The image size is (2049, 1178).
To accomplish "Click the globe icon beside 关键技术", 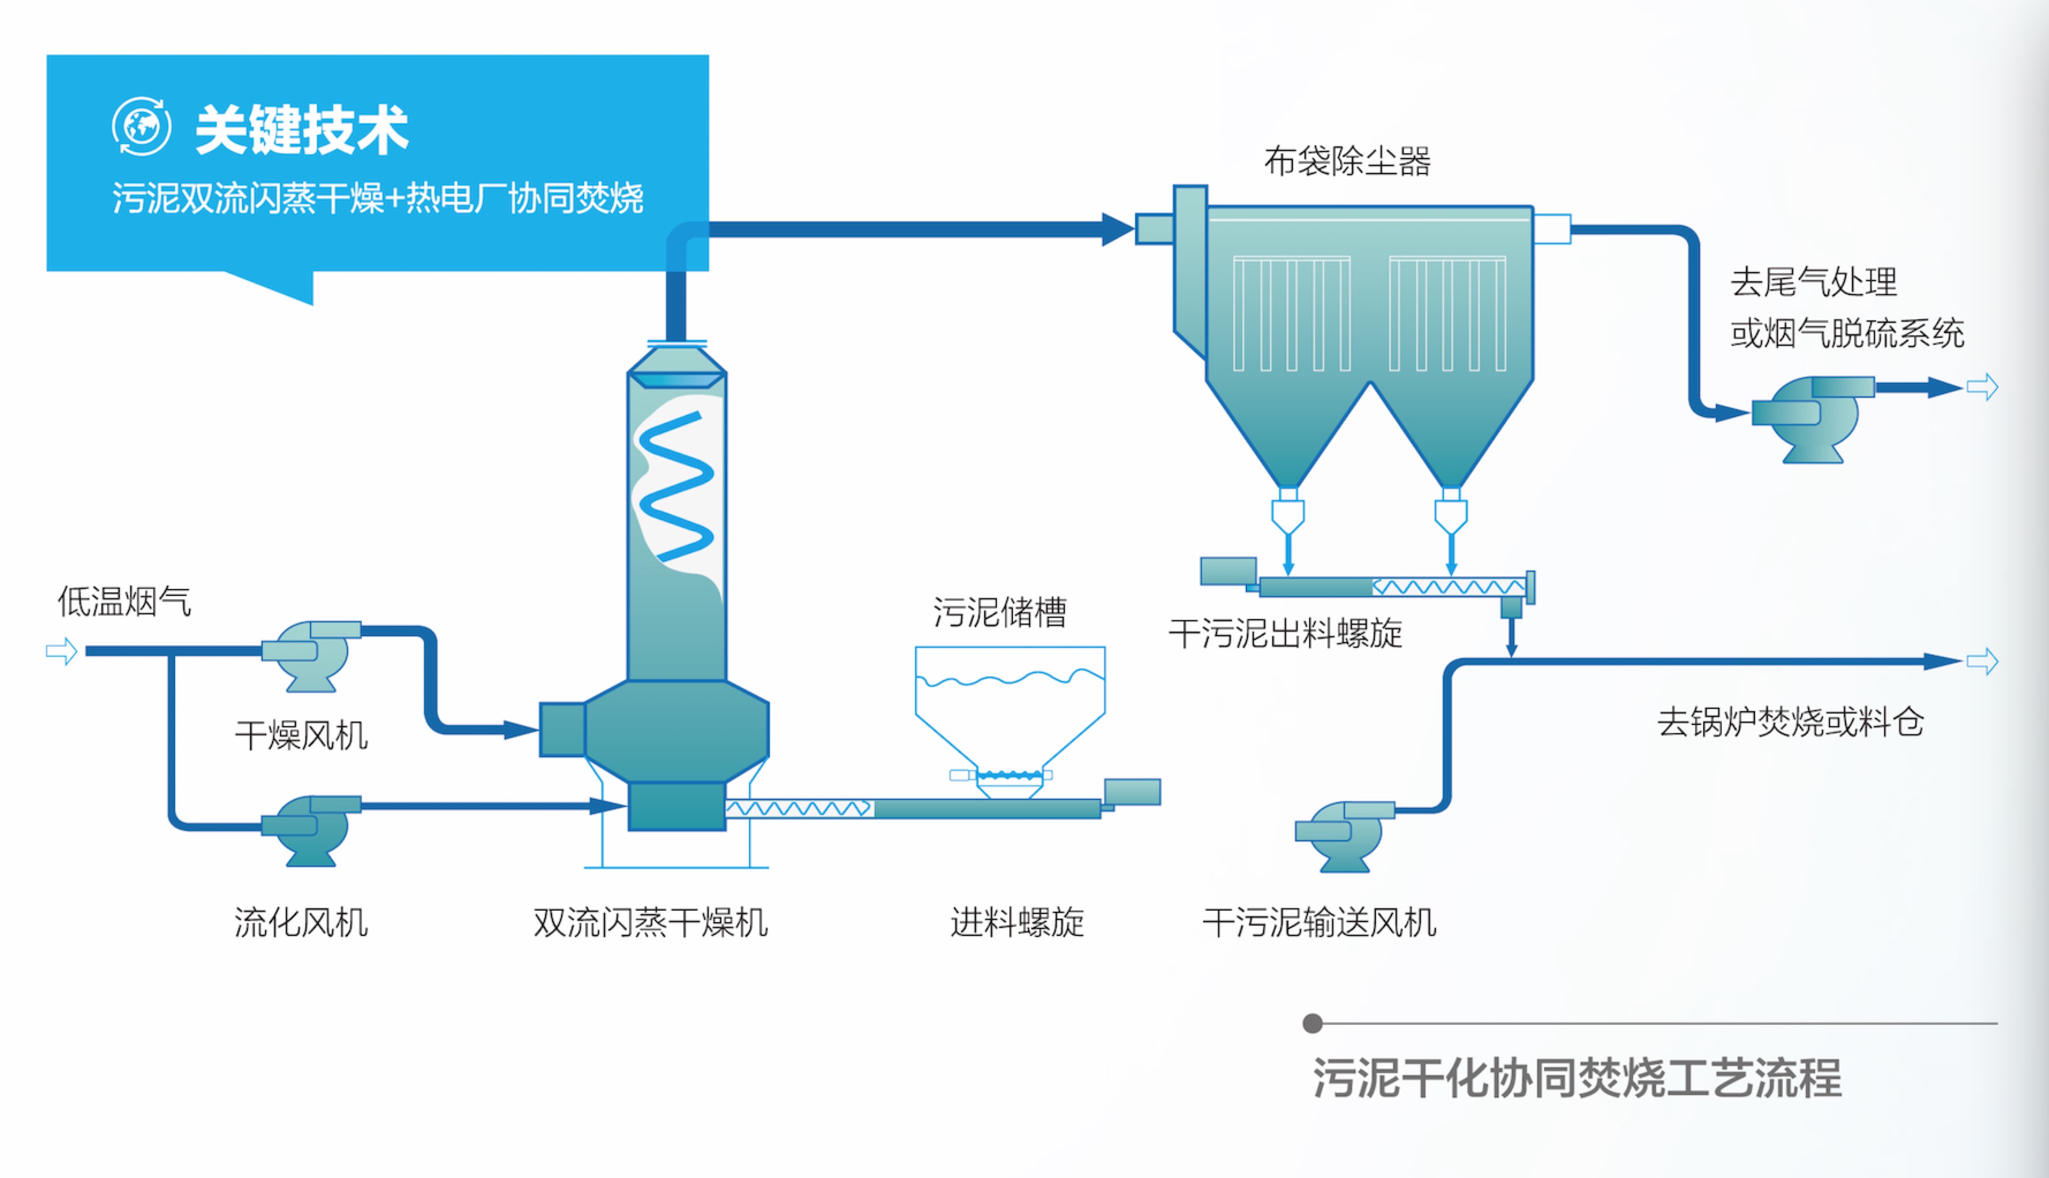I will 142,126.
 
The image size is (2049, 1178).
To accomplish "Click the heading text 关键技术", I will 302,130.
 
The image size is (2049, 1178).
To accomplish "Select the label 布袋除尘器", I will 1347,161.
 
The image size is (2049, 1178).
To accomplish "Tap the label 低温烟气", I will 124,601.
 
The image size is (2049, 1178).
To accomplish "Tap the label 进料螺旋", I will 1017,922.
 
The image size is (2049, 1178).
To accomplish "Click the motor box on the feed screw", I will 1132,791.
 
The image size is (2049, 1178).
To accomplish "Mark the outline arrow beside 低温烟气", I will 62,651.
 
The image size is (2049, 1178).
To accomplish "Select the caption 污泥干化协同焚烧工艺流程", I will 1577,1078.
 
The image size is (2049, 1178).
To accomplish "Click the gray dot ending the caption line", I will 1312,1024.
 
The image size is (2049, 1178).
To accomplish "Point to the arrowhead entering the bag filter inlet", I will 1118,229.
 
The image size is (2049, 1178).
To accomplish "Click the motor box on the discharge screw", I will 1228,571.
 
